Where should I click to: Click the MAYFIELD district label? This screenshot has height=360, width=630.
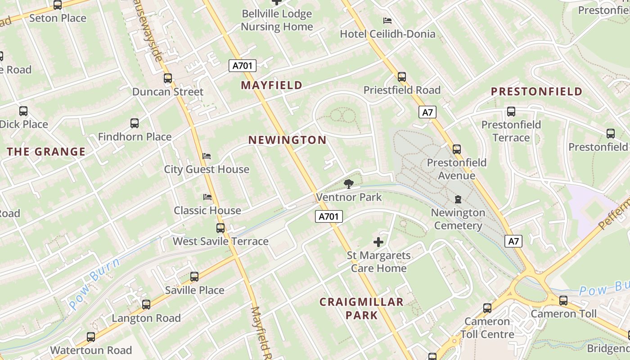(271, 85)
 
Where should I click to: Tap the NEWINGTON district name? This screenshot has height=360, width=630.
(288, 140)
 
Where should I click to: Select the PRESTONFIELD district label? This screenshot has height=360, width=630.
(536, 92)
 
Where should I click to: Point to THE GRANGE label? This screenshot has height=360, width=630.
(46, 152)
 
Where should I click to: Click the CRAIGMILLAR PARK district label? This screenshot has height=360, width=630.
(361, 308)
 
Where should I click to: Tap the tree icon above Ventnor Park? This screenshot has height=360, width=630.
(348, 184)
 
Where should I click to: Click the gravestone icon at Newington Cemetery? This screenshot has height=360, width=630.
(458, 199)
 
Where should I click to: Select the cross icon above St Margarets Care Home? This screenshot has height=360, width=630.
(378, 242)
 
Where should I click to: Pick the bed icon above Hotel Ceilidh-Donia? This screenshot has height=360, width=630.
(387, 21)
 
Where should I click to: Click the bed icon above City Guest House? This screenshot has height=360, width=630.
(207, 156)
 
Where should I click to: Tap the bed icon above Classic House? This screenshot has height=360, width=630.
(207, 197)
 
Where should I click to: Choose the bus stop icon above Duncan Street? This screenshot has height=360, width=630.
(168, 78)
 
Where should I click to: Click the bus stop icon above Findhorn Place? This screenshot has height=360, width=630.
(135, 123)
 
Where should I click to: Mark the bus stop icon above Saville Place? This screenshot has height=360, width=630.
(194, 277)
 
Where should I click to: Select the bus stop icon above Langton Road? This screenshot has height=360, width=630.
(146, 305)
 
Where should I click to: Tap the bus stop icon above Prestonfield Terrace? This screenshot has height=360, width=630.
(511, 112)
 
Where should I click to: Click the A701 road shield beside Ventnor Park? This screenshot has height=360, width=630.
(328, 216)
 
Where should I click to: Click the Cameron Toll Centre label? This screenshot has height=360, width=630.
(487, 328)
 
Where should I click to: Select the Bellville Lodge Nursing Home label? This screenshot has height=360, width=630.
(277, 20)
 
